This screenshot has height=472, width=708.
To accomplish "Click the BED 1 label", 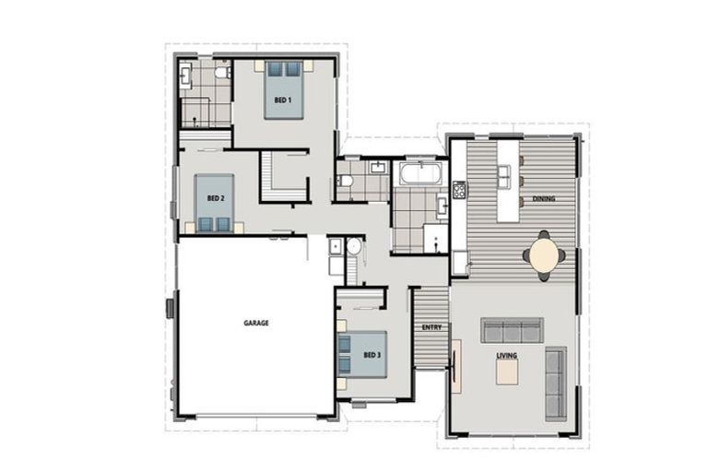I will pyautogui.click(x=283, y=99).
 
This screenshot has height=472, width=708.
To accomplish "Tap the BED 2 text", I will pyautogui.click(x=215, y=198).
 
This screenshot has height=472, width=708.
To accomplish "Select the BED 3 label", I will pyautogui.click(x=372, y=355).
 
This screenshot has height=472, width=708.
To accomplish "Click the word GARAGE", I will pyautogui.click(x=256, y=324).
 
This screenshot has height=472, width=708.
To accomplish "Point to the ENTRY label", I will pyautogui.click(x=431, y=327).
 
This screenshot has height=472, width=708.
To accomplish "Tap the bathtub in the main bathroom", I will pyautogui.click(x=419, y=174).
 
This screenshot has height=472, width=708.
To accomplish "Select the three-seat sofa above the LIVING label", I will pyautogui.click(x=510, y=331).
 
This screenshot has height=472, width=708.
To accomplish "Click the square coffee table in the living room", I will pyautogui.click(x=509, y=371).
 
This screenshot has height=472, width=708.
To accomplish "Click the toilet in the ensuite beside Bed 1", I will pyautogui.click(x=221, y=73).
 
